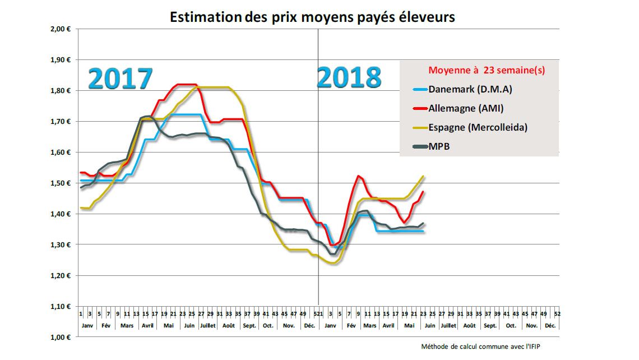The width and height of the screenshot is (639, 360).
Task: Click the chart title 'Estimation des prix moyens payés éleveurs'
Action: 312,17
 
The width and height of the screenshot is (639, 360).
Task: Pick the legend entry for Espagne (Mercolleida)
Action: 478,127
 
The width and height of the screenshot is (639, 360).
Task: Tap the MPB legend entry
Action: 439,146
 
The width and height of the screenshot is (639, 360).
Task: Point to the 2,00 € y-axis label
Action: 59,29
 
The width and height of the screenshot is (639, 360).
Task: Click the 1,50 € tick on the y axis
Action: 59,183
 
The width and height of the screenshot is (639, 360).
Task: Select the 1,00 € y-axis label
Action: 59,338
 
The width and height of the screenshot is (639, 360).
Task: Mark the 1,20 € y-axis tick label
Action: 59,276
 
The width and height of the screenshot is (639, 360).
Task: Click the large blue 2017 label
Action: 120,79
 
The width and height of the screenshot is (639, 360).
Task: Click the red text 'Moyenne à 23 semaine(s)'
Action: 487,71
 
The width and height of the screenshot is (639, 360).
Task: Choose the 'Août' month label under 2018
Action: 469,325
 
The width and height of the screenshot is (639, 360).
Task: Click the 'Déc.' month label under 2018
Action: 550,325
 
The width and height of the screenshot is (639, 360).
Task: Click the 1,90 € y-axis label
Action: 59,60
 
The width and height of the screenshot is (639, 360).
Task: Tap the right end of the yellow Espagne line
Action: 424,176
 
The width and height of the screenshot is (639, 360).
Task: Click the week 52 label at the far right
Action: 557,314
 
